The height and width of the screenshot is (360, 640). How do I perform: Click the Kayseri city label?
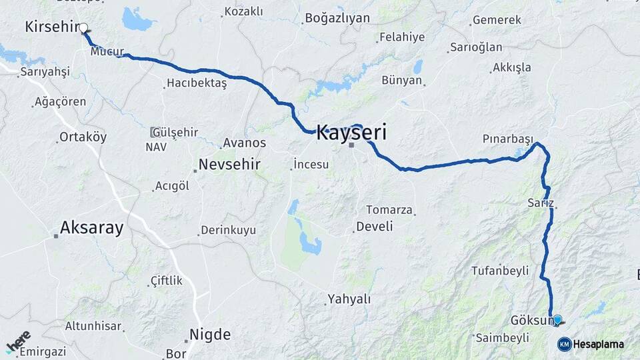[x=351, y=132]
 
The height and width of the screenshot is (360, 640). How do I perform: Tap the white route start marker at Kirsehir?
[x=84, y=28]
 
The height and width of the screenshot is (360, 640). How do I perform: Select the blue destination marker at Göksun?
[x=557, y=319]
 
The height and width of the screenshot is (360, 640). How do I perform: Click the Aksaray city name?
[x=91, y=228]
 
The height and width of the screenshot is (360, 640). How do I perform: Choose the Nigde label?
[x=209, y=335]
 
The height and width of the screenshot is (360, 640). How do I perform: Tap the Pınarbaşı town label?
[x=508, y=139]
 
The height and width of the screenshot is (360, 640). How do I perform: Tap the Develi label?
[x=374, y=227]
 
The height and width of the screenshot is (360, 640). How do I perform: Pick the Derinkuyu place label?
[x=229, y=230]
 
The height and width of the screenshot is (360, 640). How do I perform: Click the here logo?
[x=18, y=342]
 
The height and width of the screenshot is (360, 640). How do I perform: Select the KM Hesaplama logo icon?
[x=564, y=344]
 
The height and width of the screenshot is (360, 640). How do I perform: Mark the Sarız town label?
[x=540, y=203]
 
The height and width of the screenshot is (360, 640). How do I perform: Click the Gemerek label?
[x=496, y=21]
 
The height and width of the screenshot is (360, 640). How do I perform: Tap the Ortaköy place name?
[x=83, y=137]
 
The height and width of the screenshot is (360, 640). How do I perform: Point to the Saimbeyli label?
[x=501, y=338]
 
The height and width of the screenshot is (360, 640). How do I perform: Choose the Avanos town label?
[x=245, y=143]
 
